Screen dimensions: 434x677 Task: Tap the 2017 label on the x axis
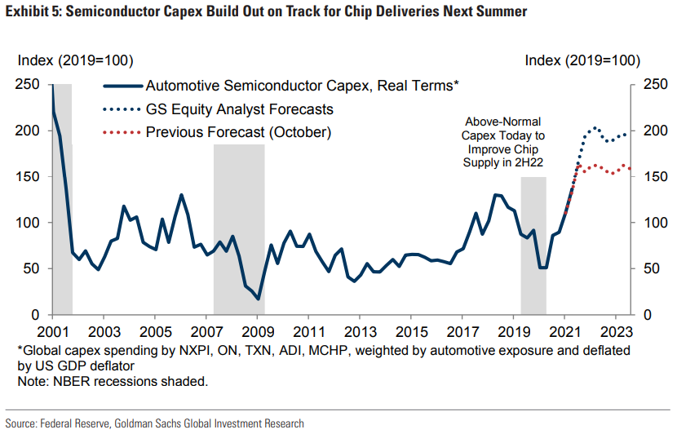point(462,333)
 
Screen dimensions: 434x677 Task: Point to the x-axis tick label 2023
point(616,333)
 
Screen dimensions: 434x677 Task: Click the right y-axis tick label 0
point(648,315)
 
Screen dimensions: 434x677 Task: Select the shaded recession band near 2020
point(533,245)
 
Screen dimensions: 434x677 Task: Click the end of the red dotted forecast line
point(628,169)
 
